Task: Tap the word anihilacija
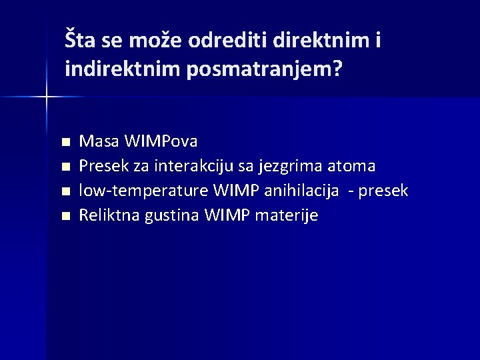(299, 191)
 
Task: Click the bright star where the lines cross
(46, 97)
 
